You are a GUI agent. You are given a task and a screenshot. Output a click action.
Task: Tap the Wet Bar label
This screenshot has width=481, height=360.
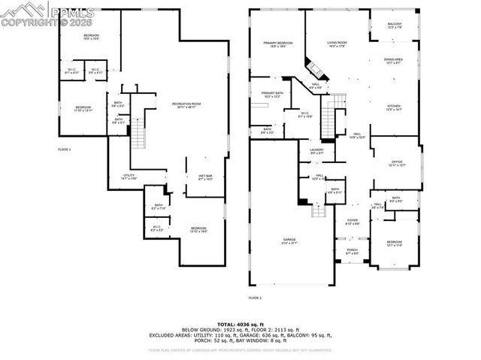185,178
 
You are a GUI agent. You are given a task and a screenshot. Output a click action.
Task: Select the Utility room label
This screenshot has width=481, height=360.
129,177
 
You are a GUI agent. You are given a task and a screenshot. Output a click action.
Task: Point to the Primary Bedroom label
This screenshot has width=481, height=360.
277,44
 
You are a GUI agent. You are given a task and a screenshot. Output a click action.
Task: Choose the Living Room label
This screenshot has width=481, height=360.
336,44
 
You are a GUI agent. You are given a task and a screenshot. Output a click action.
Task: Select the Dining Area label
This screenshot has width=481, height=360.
394,60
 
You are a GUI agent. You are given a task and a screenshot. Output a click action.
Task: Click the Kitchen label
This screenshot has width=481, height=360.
395,107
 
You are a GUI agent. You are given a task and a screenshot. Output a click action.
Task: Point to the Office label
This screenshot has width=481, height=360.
397,163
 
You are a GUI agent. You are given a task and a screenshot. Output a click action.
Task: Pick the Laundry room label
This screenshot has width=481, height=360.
316,152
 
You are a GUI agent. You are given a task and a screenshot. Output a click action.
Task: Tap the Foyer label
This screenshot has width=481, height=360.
352,222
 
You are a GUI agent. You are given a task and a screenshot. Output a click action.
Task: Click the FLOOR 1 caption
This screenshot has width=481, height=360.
65,150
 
